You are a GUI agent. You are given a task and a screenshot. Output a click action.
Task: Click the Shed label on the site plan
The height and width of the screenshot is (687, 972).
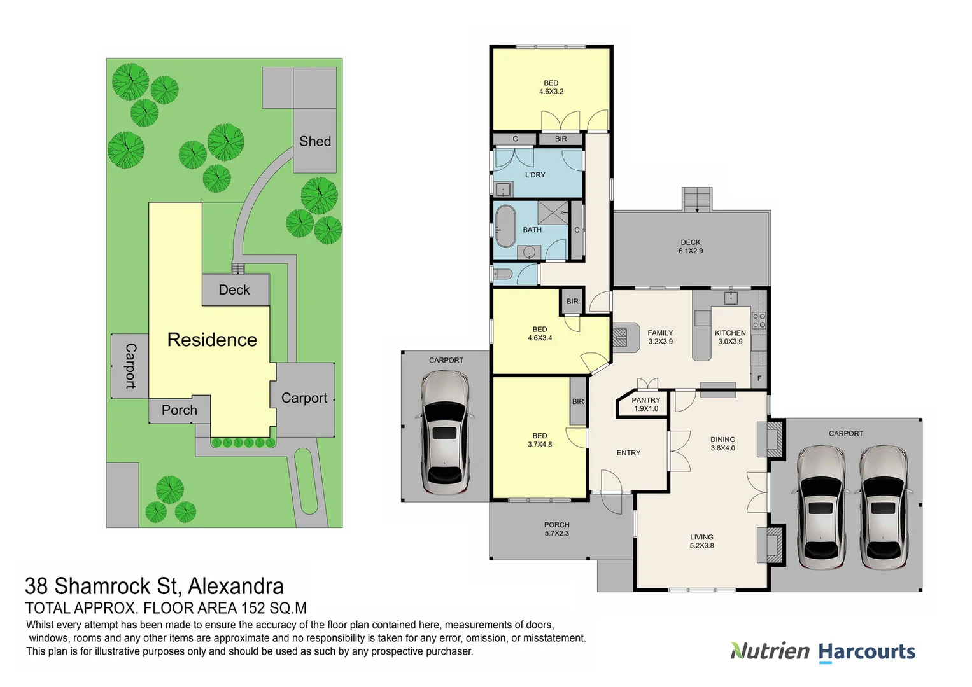[315, 141]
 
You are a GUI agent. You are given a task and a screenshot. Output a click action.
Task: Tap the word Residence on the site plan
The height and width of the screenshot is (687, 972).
[212, 340]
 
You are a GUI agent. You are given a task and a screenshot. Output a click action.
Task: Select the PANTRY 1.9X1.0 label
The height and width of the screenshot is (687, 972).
[645, 405]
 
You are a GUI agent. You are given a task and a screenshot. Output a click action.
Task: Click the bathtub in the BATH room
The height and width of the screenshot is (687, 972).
[506, 226]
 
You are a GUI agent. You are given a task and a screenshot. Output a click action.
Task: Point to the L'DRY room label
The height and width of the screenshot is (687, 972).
[535, 175]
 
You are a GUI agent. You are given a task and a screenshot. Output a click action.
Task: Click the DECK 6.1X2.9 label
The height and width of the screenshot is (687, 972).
[691, 247]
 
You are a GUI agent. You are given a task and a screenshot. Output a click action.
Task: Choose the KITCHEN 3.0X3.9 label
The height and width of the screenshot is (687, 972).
[730, 337]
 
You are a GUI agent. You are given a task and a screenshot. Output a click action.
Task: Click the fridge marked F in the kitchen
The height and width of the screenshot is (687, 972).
[759, 378]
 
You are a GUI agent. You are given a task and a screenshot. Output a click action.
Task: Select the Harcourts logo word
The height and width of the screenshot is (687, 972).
[866, 652]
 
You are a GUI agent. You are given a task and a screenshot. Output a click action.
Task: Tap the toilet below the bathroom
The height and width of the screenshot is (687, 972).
[502, 275]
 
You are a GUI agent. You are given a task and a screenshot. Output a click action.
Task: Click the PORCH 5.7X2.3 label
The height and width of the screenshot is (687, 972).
[556, 529]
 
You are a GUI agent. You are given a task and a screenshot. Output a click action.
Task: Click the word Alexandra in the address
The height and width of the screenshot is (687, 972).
[236, 586]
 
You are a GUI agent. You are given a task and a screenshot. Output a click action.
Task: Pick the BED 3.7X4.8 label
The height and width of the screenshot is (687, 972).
[540, 440]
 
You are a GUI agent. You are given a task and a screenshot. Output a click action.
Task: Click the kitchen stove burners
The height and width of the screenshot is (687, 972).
[759, 320]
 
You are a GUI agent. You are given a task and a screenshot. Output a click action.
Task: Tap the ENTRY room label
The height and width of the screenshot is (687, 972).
[628, 453]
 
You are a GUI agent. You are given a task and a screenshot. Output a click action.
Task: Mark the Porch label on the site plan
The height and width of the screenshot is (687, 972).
[179, 410]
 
